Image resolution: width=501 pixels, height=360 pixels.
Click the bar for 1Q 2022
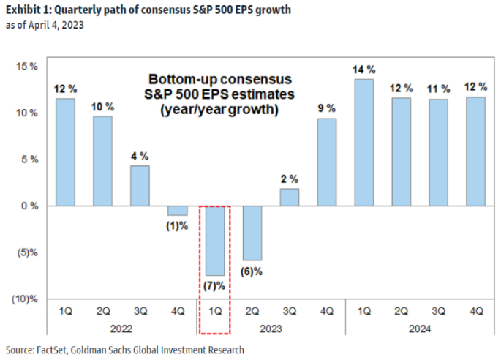pyautogui.click(x=64, y=152)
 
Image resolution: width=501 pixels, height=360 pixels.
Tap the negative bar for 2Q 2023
pyautogui.click(x=252, y=233)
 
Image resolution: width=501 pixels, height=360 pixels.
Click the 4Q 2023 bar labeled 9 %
pyautogui.click(x=326, y=162)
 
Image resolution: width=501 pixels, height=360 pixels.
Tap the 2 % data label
pyautogui.click(x=289, y=180)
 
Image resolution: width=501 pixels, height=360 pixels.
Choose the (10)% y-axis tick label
pyautogui.click(x=24, y=299)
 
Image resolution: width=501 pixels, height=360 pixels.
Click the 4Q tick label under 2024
pyautogui.click(x=475, y=311)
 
